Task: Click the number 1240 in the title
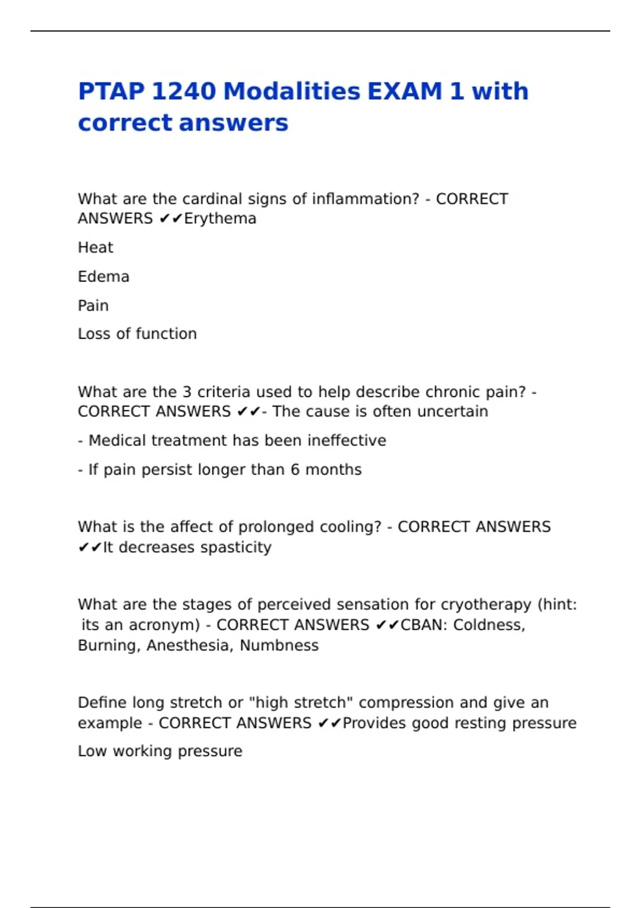(183, 91)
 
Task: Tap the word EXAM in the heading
(404, 91)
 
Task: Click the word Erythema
(220, 218)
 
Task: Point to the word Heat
(96, 248)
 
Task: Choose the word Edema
(104, 277)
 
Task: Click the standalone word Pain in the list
(93, 306)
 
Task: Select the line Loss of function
(137, 334)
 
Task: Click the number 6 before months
(295, 469)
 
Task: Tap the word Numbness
(279, 645)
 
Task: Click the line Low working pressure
(160, 751)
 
